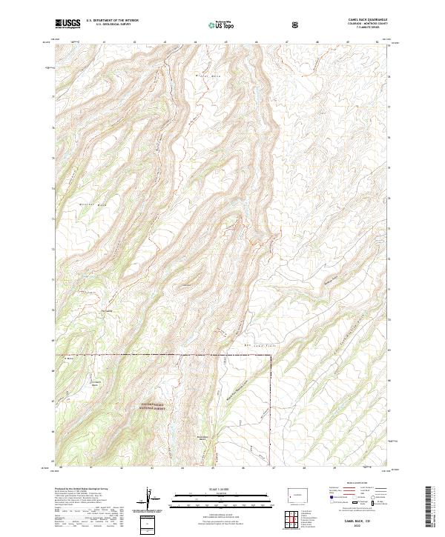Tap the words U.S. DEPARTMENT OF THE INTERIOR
[x=111, y=21]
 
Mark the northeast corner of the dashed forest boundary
[x=271, y=356]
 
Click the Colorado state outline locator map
[x=295, y=493]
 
